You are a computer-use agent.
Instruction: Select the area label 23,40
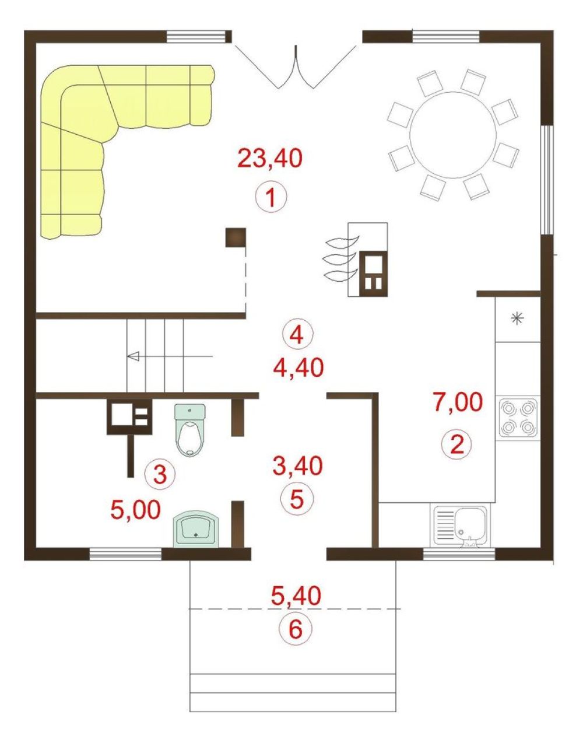tap(270, 158)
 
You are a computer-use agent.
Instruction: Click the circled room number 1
tap(271, 198)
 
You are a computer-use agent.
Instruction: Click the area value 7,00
tap(458, 402)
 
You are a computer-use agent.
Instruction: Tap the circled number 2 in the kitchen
tap(456, 444)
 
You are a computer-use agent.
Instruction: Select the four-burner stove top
tap(518, 417)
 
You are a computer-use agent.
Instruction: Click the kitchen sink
tap(460, 526)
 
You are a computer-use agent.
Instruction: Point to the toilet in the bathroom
tap(190, 430)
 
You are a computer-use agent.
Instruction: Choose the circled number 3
tap(160, 473)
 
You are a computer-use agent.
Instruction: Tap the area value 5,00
tap(136, 510)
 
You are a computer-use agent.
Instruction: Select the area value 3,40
tap(298, 465)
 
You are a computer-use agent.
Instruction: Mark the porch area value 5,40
tap(296, 596)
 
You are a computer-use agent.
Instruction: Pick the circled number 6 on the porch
tap(296, 629)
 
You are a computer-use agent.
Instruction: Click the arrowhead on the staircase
tap(133, 356)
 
